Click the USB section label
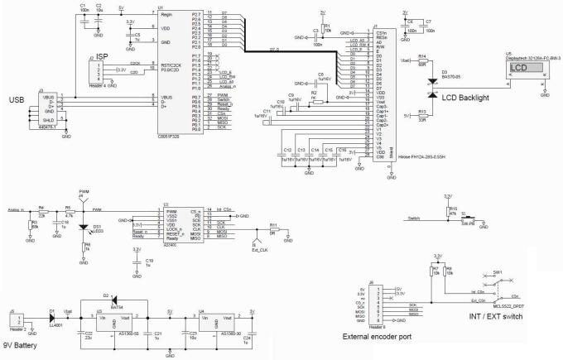16,101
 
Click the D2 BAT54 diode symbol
116,300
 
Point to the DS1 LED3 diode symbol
83,227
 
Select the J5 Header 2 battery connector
17,315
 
